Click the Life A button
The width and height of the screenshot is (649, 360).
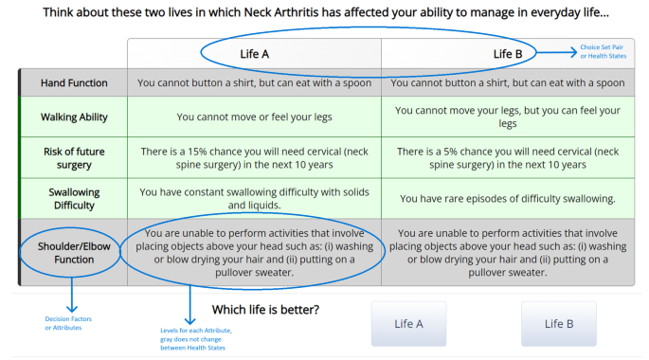(409, 324)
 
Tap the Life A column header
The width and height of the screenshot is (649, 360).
(254, 54)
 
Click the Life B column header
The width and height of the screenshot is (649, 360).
(508, 54)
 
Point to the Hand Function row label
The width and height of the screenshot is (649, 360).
(74, 83)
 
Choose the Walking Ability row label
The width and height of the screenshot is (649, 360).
(74, 117)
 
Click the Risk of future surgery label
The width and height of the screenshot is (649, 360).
(74, 158)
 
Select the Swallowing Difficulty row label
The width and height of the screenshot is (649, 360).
(74, 198)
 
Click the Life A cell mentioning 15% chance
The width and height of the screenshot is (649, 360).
(254, 158)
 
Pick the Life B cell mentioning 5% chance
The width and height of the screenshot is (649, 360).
(508, 158)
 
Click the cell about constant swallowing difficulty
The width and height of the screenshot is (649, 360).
(254, 198)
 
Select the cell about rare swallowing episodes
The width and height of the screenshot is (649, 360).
(508, 199)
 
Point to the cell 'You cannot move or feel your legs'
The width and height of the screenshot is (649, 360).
(254, 117)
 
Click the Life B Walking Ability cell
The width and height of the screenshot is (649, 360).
(508, 117)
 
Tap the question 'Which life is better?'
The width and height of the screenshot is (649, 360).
(264, 310)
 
